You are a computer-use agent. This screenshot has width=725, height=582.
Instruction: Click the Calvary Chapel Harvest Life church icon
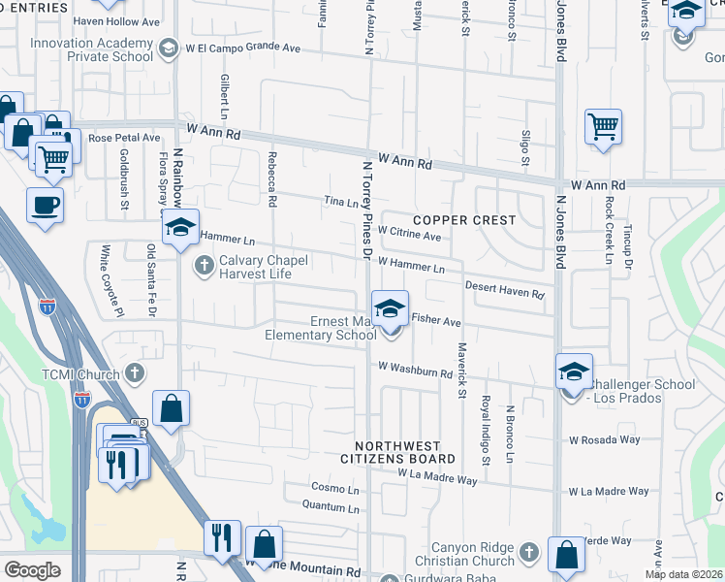[205, 265]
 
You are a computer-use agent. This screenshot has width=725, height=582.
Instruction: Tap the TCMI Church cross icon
[135, 373]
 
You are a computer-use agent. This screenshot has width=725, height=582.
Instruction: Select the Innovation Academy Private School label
[91, 50]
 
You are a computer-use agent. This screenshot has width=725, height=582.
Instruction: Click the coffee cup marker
[46, 206]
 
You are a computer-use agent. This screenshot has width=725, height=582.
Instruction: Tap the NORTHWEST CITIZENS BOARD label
[397, 451]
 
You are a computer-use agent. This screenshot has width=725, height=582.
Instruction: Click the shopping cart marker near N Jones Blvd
[603, 126]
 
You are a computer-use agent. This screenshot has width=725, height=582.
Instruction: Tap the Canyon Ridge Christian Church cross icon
[528, 552]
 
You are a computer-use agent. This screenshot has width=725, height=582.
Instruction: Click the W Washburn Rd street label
[416, 369]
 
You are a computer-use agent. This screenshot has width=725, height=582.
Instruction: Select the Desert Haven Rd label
[504, 288]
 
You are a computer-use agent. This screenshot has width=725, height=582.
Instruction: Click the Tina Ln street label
[340, 202]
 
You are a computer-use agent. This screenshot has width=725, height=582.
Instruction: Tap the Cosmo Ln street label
[334, 487]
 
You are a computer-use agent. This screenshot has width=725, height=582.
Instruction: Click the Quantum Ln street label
[331, 505]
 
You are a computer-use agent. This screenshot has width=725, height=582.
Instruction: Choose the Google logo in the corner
[32, 569]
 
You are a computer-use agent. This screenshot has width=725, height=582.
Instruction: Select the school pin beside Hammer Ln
[179, 229]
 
